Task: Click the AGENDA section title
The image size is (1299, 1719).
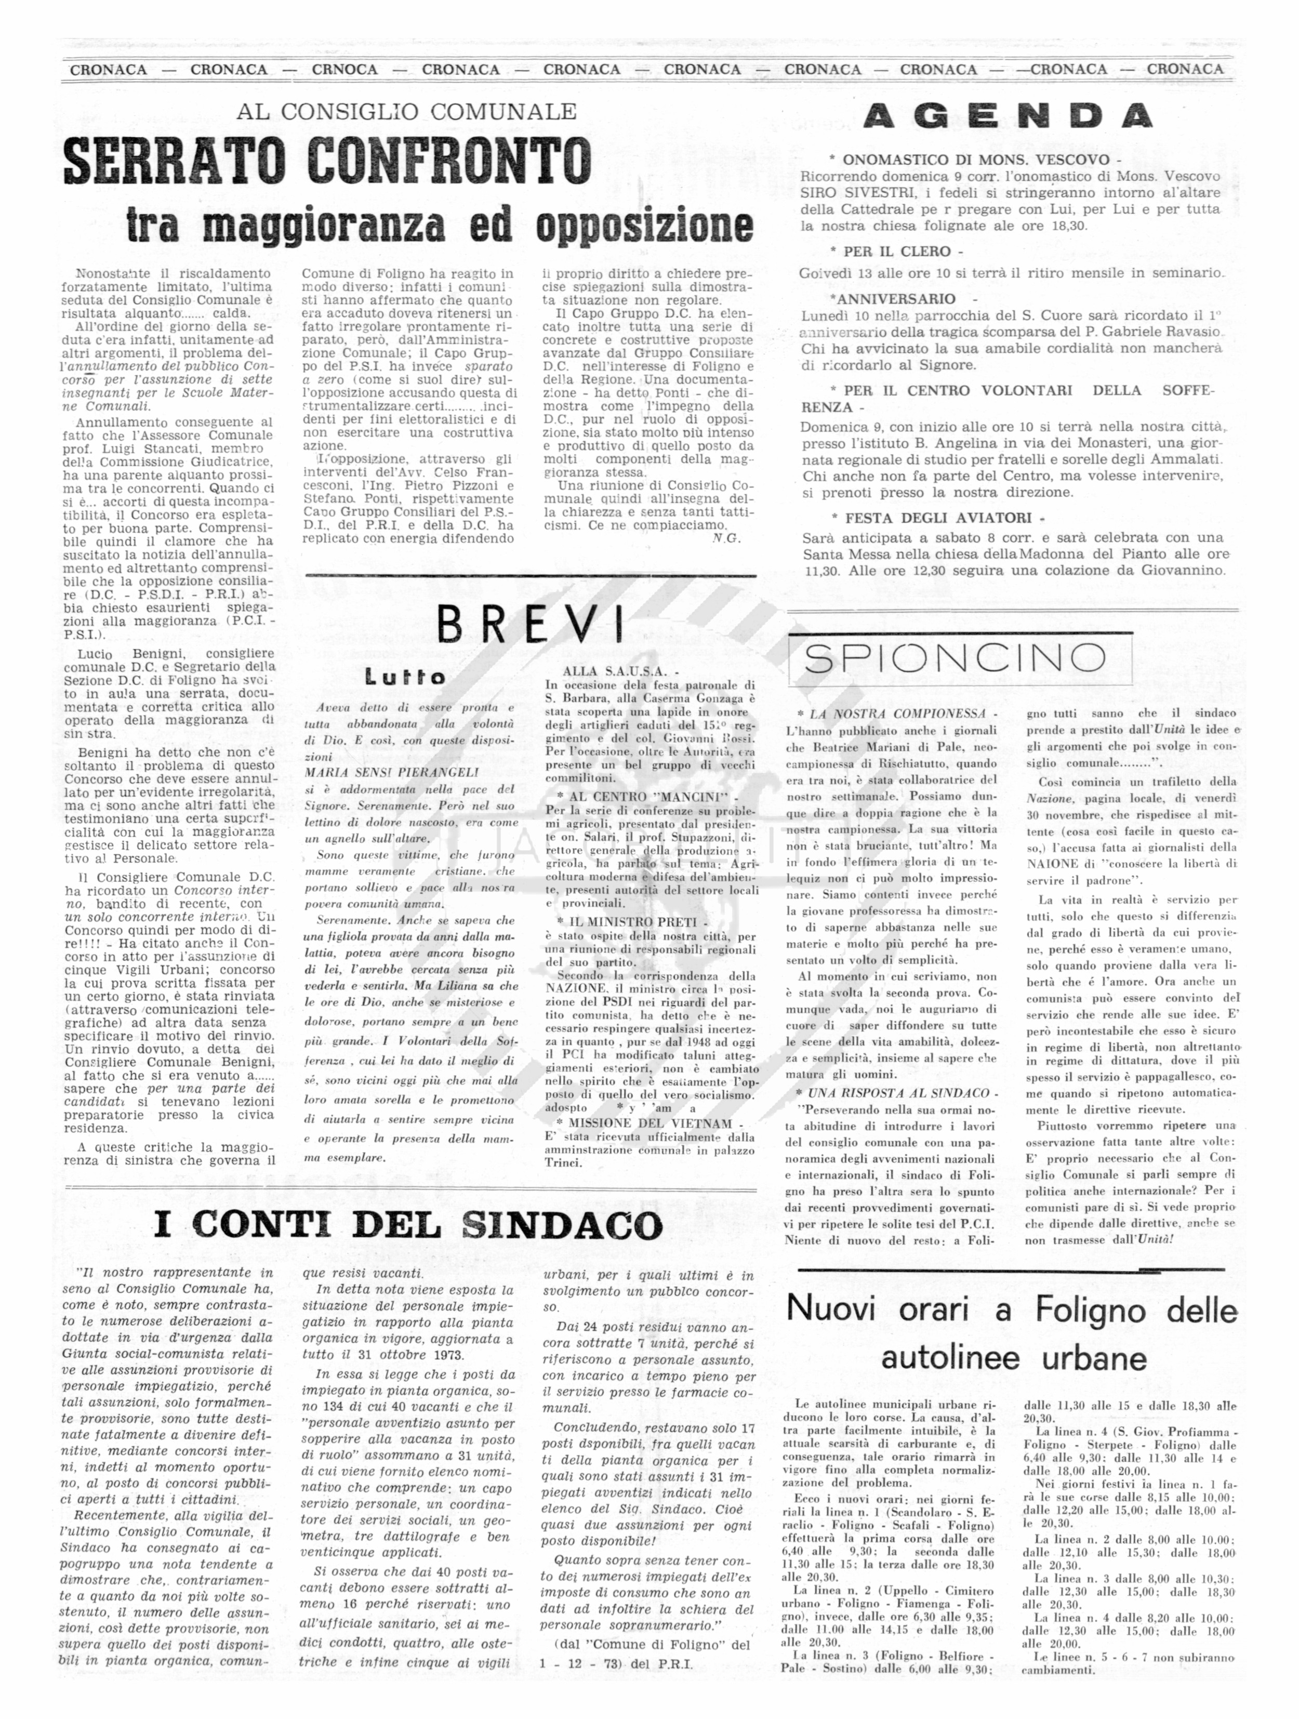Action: point(1007,116)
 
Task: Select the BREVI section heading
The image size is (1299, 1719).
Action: point(530,623)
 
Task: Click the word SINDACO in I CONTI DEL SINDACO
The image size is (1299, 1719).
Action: point(562,1225)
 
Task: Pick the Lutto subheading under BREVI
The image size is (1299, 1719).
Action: point(406,678)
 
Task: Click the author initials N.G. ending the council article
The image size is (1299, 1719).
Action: point(726,538)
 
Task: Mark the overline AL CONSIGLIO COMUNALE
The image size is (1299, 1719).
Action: point(406,111)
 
